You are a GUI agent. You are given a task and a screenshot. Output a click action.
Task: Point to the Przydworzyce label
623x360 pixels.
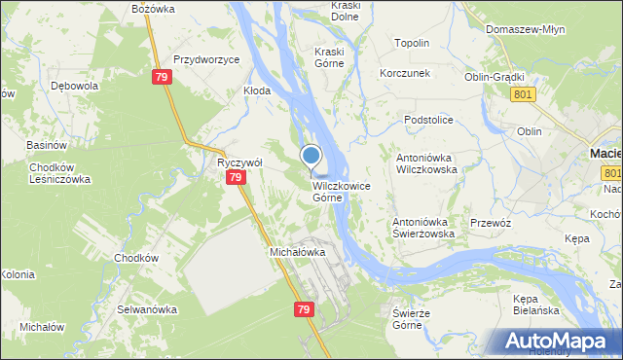tap(205, 59)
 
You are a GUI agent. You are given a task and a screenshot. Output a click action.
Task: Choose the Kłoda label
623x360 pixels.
tap(257, 90)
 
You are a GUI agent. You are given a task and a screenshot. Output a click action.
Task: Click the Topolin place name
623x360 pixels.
tap(412, 44)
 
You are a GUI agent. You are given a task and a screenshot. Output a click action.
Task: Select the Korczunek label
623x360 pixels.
tap(405, 74)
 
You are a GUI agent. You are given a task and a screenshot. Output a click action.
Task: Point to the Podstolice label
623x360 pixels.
tap(429, 120)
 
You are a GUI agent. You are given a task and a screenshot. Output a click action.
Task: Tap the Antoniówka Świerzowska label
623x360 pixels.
tap(424, 228)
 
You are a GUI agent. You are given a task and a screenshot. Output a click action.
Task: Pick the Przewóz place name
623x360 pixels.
tap(491, 223)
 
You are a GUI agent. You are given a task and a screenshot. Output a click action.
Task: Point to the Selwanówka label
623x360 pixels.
tap(147, 309)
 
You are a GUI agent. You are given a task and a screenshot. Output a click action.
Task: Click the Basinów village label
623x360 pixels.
tap(46, 145)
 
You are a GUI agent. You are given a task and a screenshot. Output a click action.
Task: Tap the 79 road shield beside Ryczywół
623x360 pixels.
tap(235, 178)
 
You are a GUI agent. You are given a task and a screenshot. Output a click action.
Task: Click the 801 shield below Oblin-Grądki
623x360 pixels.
tap(523, 92)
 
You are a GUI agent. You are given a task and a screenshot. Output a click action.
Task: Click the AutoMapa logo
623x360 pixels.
tap(560, 341)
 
